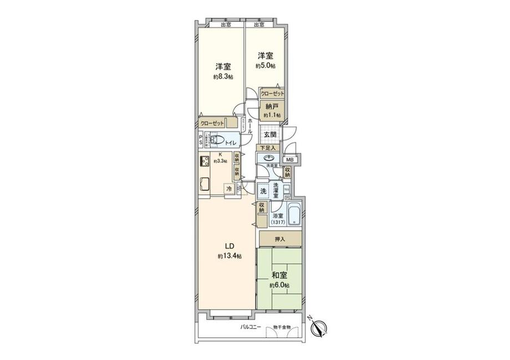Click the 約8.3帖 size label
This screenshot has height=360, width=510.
[x=223, y=77]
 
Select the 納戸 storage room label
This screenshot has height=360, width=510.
[x=271, y=106]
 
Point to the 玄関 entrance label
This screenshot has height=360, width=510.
[x=270, y=135]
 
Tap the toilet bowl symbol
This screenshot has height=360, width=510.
[x=217, y=140]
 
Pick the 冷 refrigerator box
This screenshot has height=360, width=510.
[x=229, y=189]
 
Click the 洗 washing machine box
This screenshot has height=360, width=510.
[x=263, y=191]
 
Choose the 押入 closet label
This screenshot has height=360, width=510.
[x=280, y=239]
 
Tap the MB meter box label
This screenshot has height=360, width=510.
[x=289, y=160]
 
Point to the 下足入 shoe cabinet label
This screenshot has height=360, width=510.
[x=268, y=148]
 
